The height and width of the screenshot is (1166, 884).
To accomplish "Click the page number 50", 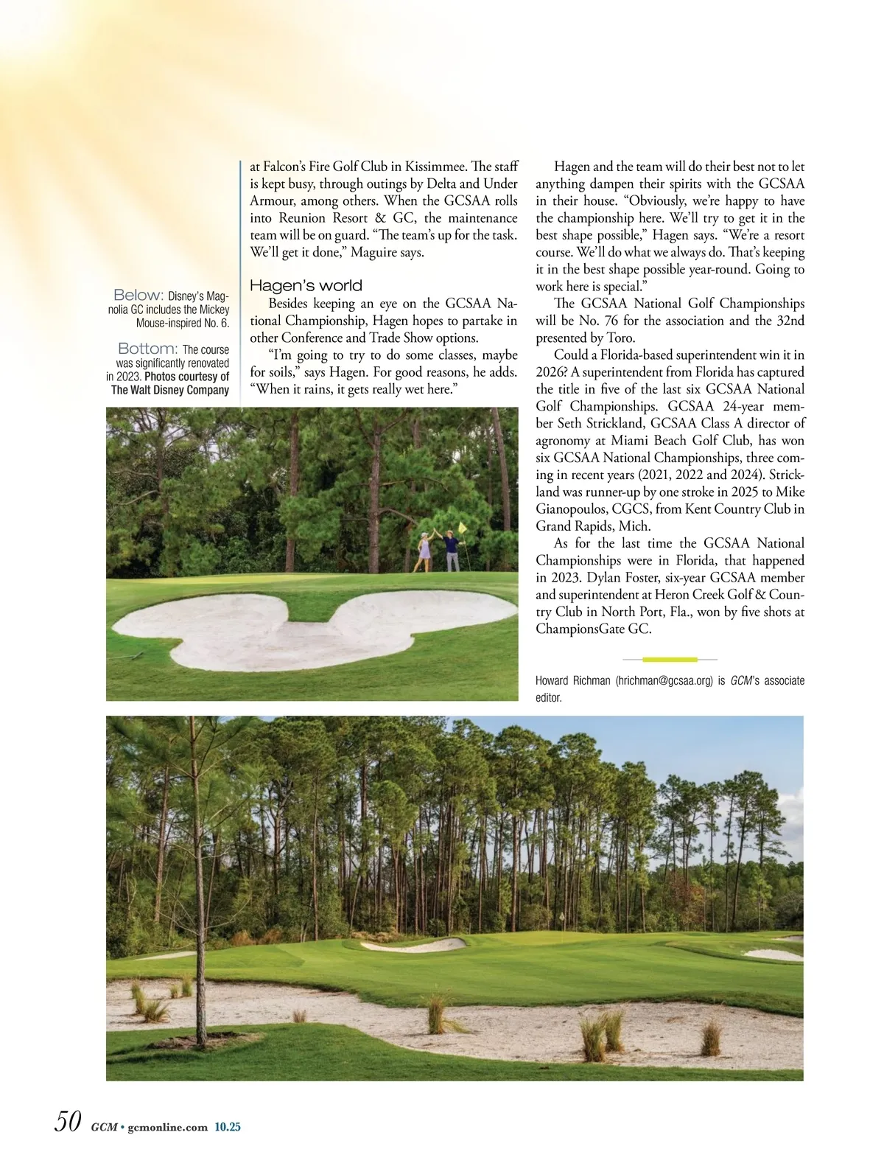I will [x=67, y=1122].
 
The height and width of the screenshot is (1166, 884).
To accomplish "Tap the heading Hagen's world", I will [x=306, y=286].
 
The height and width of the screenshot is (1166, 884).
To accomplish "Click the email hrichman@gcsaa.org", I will [x=664, y=681].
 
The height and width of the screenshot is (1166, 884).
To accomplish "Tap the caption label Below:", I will [x=138, y=296].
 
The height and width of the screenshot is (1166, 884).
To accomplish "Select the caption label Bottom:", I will [x=147, y=349].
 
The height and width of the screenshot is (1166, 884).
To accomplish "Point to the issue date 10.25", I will [x=228, y=1127].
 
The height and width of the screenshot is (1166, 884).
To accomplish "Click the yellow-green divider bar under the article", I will [x=670, y=659].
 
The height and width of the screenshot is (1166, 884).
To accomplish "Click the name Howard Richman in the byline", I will [x=572, y=681].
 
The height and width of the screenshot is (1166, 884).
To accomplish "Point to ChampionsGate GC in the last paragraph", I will [x=593, y=629].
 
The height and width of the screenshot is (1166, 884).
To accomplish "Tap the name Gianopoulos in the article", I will [x=572, y=509].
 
